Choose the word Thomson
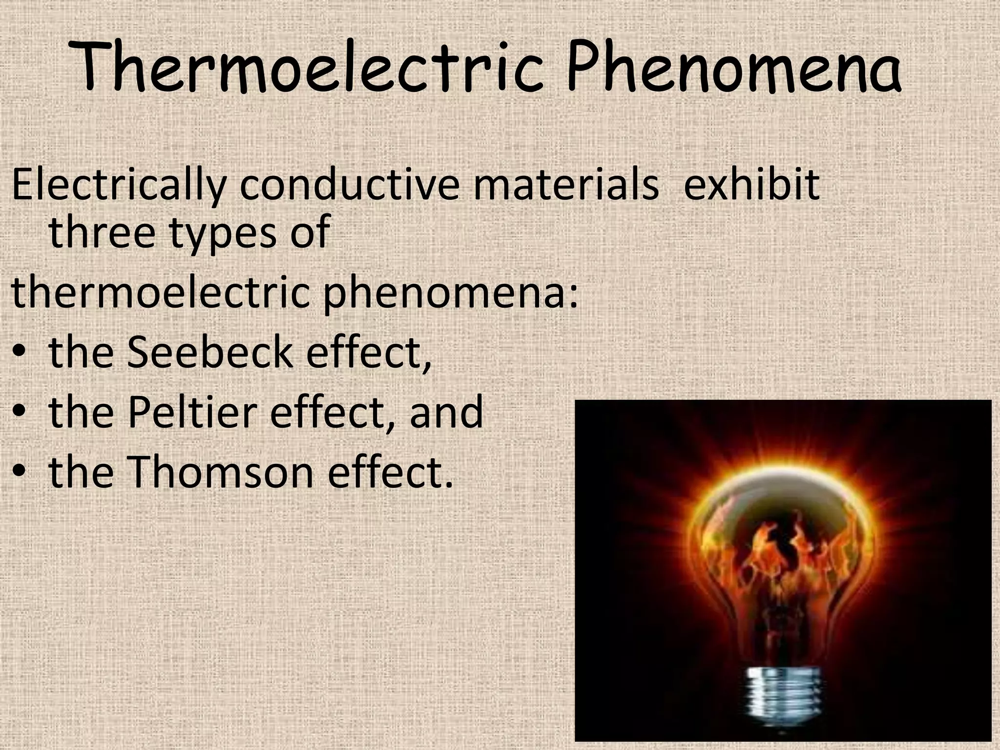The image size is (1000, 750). (220, 472)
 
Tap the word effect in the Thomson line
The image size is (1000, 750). (389, 472)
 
